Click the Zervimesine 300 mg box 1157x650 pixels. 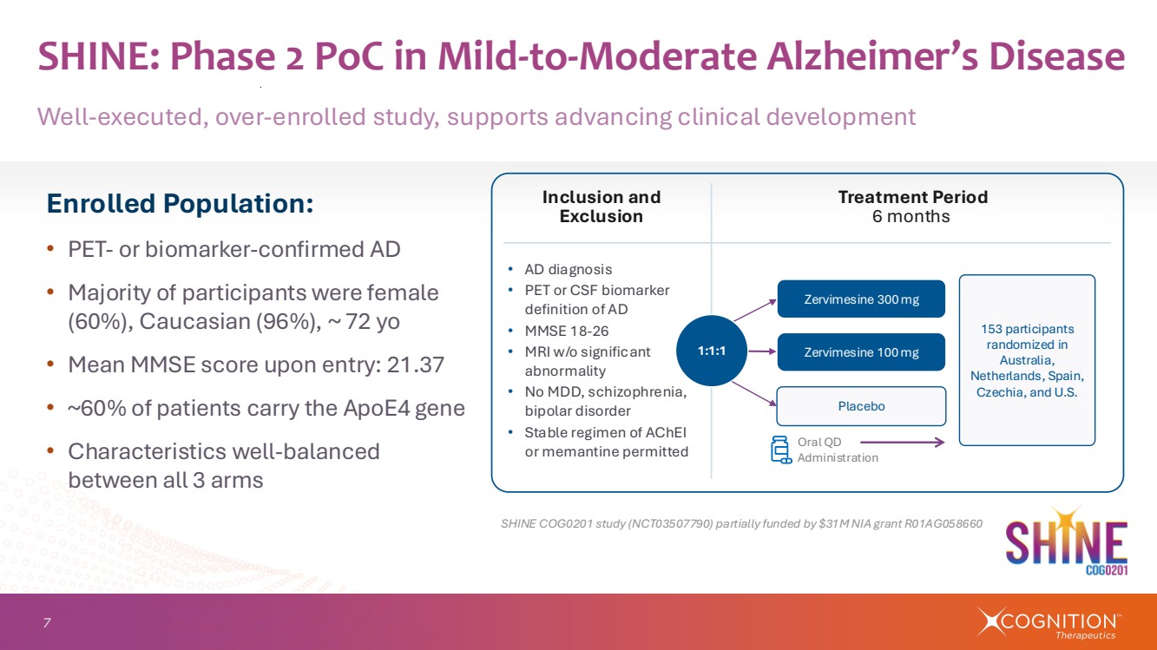pyautogui.click(x=860, y=299)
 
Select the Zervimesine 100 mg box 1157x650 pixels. pyautogui.click(x=860, y=351)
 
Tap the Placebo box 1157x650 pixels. pyautogui.click(x=860, y=405)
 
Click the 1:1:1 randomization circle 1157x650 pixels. pyautogui.click(x=711, y=351)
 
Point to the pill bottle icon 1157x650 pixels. pyautogui.click(x=780, y=450)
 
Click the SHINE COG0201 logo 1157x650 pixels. pyautogui.click(x=1066, y=543)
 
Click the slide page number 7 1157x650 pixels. pyautogui.click(x=47, y=622)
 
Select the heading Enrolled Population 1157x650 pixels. pyautogui.click(x=180, y=204)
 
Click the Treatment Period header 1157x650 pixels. pyautogui.click(x=911, y=197)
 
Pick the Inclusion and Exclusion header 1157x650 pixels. pyautogui.click(x=601, y=207)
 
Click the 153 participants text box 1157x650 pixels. pyautogui.click(x=1027, y=359)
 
